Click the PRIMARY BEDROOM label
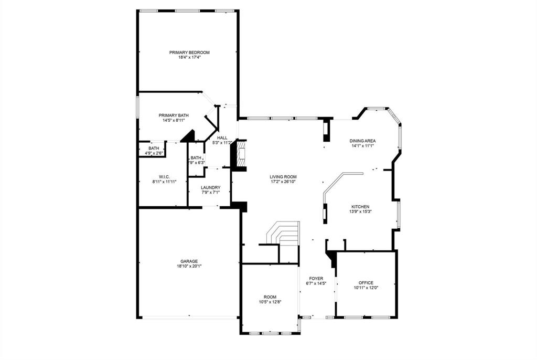click(x=189, y=52)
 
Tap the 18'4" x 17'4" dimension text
click(x=189, y=57)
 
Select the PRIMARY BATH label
click(x=174, y=115)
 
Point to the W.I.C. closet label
click(x=164, y=176)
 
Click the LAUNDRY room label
click(x=211, y=187)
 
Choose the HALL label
click(x=222, y=137)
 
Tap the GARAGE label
click(x=189, y=261)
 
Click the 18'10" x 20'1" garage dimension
click(x=189, y=266)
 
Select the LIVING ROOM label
click(x=284, y=177)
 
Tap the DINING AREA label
click(x=363, y=141)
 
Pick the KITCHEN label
click(x=360, y=207)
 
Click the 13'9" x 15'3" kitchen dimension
click(x=360, y=212)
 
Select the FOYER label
click(x=316, y=279)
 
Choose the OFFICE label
click(x=366, y=283)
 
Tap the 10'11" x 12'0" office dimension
click(x=366, y=288)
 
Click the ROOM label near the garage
click(x=270, y=297)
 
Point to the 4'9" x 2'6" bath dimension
click(x=154, y=153)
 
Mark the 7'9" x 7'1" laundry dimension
click(x=211, y=193)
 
